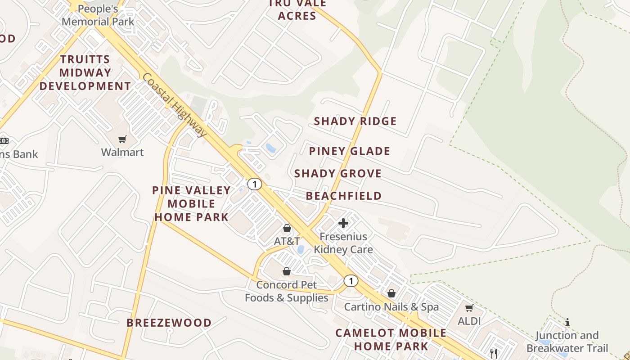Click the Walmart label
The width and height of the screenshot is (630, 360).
click(122, 152)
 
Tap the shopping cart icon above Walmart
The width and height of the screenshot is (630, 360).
click(122, 139)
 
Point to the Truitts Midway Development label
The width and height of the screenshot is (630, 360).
click(85, 73)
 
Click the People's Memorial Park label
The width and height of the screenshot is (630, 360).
click(98, 15)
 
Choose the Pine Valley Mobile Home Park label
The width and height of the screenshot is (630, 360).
click(192, 203)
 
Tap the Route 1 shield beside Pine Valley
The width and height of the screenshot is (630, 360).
click(255, 184)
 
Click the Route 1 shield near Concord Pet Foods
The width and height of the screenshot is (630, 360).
click(351, 281)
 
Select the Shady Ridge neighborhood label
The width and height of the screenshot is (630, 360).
click(355, 121)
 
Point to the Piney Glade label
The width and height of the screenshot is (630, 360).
click(350, 151)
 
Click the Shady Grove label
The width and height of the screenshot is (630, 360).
click(338, 174)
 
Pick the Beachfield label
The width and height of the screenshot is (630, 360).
click(344, 196)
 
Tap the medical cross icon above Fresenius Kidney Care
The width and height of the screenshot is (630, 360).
click(343, 223)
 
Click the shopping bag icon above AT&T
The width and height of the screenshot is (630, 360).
click(287, 229)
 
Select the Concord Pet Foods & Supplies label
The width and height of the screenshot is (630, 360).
click(287, 291)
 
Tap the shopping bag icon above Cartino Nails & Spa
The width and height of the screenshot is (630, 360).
click(391, 293)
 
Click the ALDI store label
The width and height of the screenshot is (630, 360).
click(469, 321)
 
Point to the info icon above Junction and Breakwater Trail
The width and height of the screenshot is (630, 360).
click(567, 322)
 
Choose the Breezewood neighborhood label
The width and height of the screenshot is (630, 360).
click(169, 323)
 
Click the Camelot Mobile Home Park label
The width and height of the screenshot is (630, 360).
click(391, 339)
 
